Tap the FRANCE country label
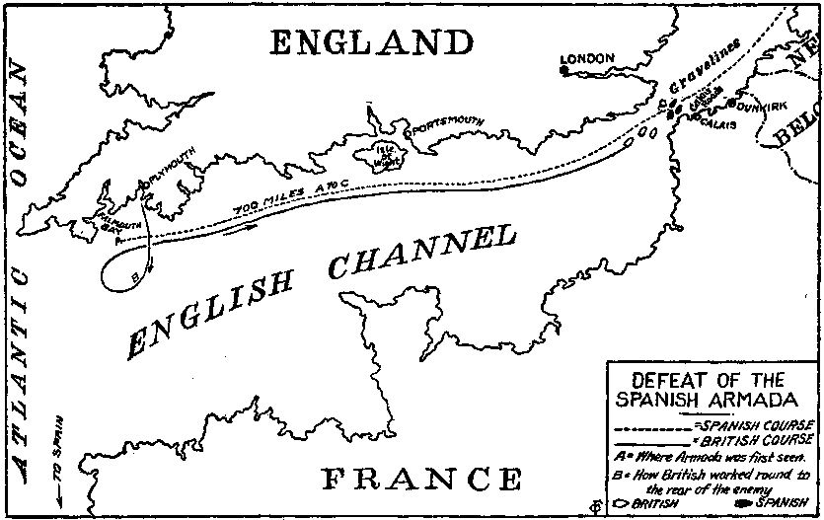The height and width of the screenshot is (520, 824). (422, 480)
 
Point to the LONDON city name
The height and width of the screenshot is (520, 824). (588, 58)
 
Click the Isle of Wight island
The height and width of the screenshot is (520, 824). (384, 154)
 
